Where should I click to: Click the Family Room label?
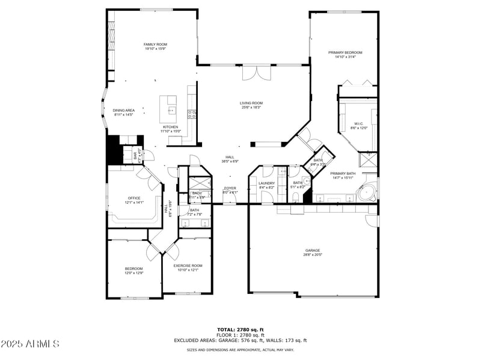pyautogui.click(x=155, y=44)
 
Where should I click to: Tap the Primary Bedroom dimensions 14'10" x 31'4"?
pyautogui.click(x=345, y=58)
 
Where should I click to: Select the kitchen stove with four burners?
pyautogui.click(x=192, y=113)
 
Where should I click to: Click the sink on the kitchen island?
pyautogui.click(x=171, y=110)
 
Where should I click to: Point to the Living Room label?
pyautogui.click(x=251, y=103)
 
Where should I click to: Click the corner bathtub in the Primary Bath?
pyautogui.click(x=366, y=193)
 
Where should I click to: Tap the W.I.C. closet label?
pyautogui.click(x=359, y=124)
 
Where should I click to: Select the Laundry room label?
pyautogui.click(x=266, y=183)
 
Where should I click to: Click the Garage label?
pyautogui.click(x=313, y=250)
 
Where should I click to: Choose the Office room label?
pyautogui.click(x=133, y=198)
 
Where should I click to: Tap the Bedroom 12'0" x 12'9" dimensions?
pyautogui.click(x=133, y=273)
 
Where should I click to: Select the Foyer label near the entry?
pyautogui.click(x=230, y=188)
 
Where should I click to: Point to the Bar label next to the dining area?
pyautogui.click(x=135, y=155)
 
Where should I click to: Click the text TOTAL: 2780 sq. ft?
pyautogui.click(x=240, y=329)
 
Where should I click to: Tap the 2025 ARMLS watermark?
pyautogui.click(x=30, y=344)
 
